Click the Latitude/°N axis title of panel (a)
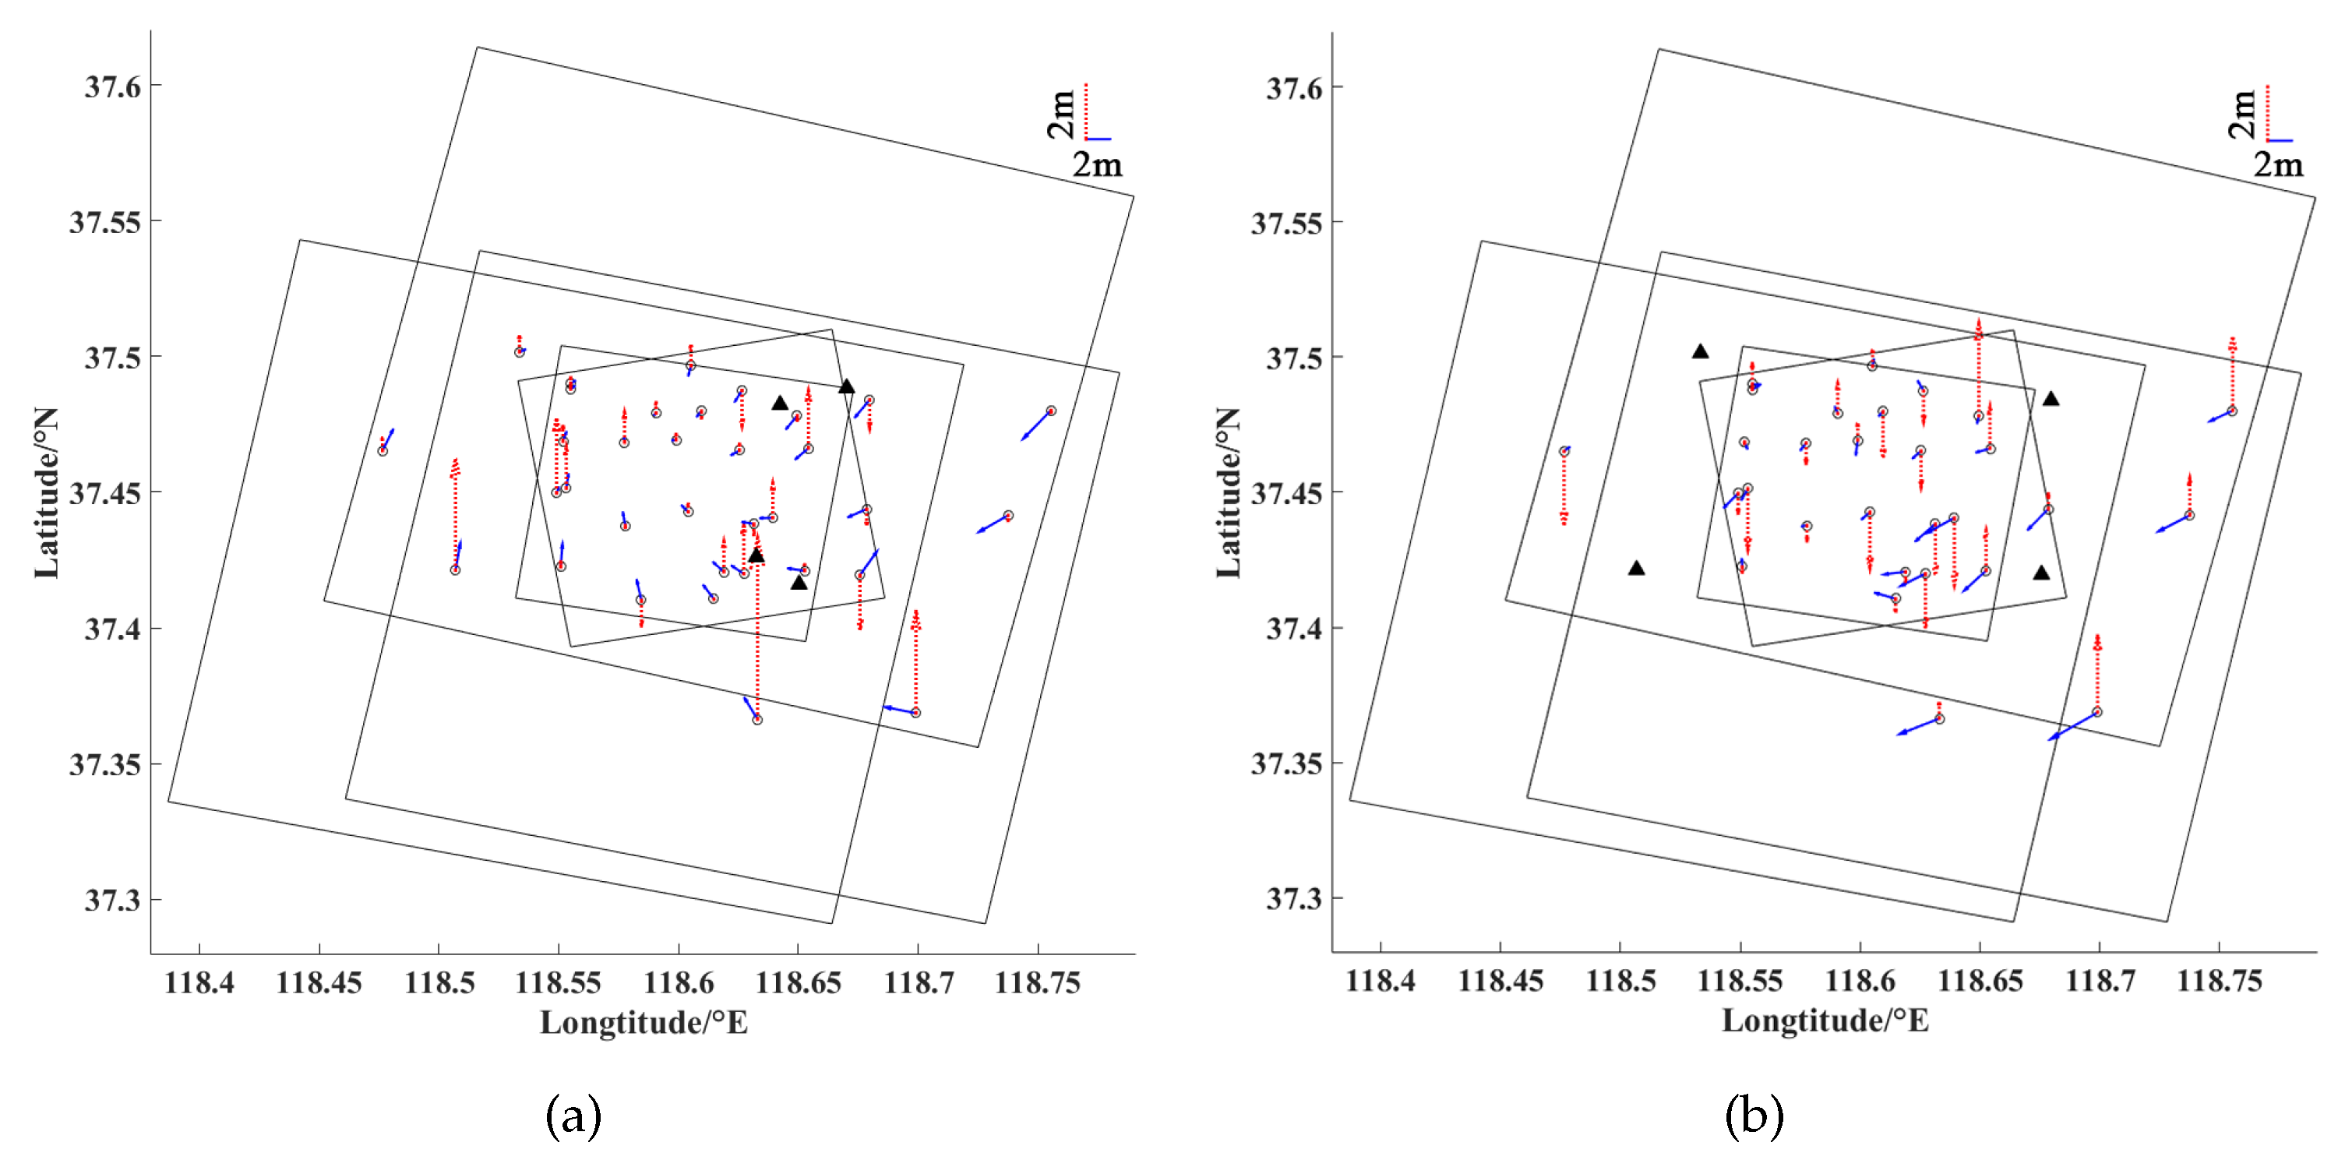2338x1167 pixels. (x=46, y=493)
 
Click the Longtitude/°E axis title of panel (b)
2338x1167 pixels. (x=1825, y=1021)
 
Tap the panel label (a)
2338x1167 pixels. (x=573, y=1116)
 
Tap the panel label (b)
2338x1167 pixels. (x=1754, y=1116)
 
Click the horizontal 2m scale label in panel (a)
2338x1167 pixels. (x=1097, y=165)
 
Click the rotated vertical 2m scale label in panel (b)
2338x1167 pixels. (x=2242, y=115)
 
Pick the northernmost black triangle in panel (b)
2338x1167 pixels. (x=1700, y=351)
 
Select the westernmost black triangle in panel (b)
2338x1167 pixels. (x=1635, y=568)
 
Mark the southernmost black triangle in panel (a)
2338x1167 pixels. (x=799, y=583)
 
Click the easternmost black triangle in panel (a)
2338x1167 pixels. (x=846, y=386)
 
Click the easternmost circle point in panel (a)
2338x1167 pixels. (x=1050, y=411)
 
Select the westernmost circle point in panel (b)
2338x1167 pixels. (x=1564, y=452)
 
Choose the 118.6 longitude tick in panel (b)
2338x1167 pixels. (x=1860, y=981)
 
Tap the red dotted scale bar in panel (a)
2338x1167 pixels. (x=1085, y=111)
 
